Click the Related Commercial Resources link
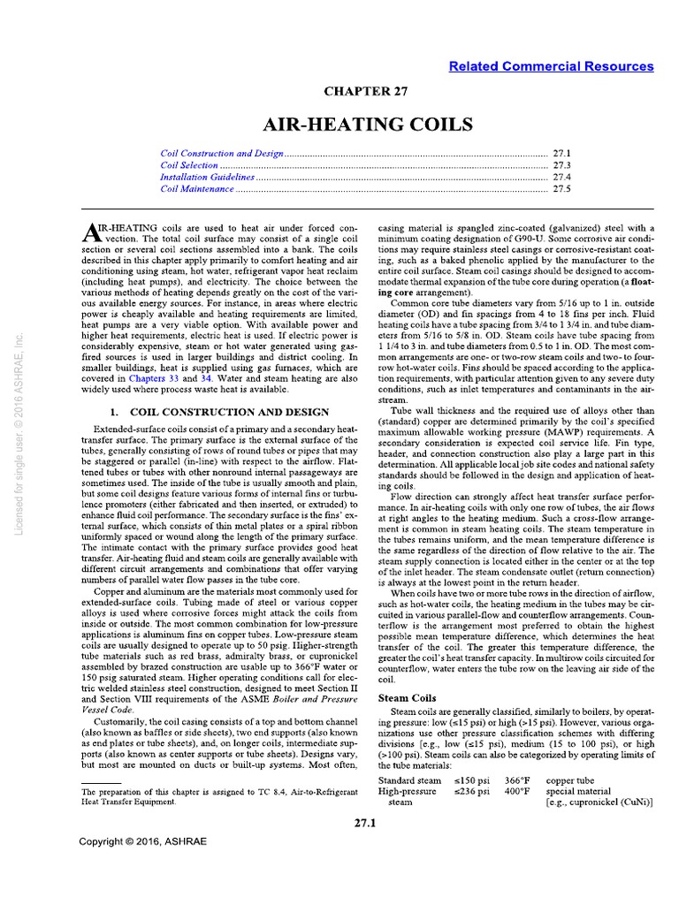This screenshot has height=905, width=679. coord(551,66)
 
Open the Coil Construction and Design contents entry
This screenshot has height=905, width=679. coord(222,153)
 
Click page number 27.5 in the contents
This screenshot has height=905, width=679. coord(562,189)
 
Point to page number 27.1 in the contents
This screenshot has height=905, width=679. coord(562,153)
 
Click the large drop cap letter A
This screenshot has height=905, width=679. coord(93,232)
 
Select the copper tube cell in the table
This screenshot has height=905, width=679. coord(574,780)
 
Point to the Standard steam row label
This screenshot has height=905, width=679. coord(409,780)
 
